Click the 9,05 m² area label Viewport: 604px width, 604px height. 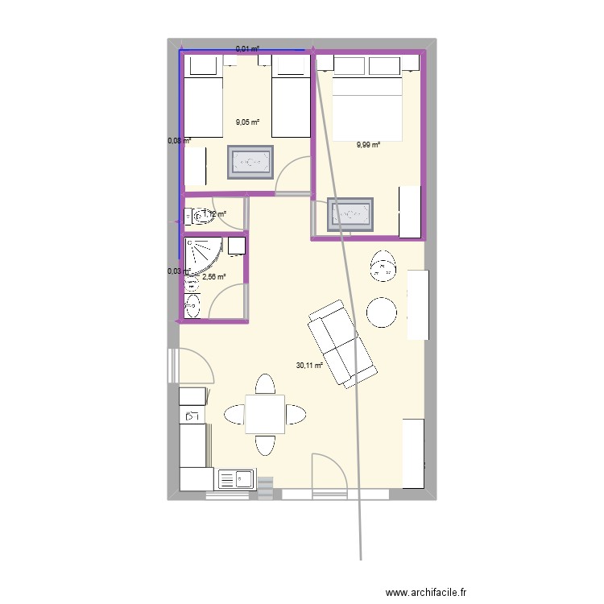click(247, 122)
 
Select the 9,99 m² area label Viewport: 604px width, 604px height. click(368, 145)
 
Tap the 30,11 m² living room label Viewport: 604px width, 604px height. click(309, 365)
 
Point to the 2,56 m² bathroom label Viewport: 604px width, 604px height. click(213, 277)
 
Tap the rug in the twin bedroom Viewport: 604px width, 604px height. click(250, 163)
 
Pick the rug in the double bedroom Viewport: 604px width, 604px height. click(350, 214)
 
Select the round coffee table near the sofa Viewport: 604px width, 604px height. click(382, 312)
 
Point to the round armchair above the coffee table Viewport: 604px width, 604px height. click(383, 267)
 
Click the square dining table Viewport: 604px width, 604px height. click(264, 414)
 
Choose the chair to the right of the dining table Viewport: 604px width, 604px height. click(295, 415)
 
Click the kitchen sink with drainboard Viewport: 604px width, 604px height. click(236, 480)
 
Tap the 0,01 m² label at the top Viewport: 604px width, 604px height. click(247, 49)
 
